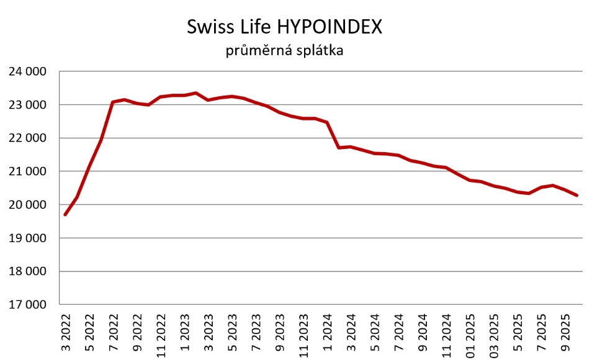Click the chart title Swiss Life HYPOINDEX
coord(285,27)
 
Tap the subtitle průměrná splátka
coord(284,51)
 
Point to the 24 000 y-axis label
coord(29,71)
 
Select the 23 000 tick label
coord(29,105)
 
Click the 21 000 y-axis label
coord(29,171)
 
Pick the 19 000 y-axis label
coord(29,238)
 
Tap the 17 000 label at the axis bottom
coord(29,305)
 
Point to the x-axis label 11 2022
coord(161,336)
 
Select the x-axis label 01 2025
coord(470,336)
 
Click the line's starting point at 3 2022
coord(65,215)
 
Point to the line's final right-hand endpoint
coord(577,196)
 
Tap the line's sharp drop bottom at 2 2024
coord(339,147)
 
